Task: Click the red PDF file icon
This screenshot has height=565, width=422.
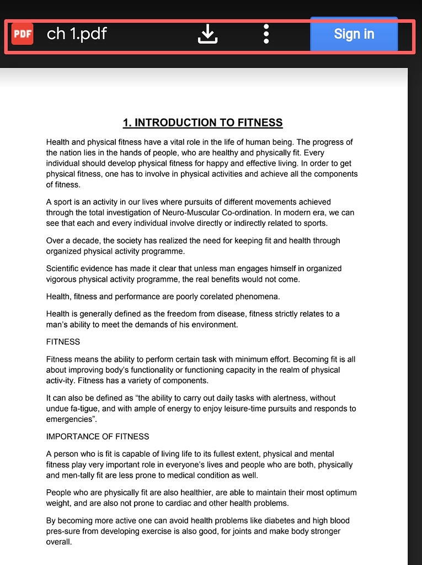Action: pyautogui.click(x=22, y=34)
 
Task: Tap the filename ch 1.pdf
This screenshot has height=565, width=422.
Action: pyautogui.click(x=77, y=34)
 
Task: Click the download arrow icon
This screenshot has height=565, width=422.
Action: pyautogui.click(x=208, y=34)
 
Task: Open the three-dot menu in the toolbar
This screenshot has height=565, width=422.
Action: pyautogui.click(x=266, y=34)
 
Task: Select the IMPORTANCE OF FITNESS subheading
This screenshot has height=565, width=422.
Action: pyautogui.click(x=98, y=436)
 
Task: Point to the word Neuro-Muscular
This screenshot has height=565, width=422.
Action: pyautogui.click(x=191, y=213)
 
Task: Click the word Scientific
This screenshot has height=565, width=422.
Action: pyautogui.click(x=64, y=268)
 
